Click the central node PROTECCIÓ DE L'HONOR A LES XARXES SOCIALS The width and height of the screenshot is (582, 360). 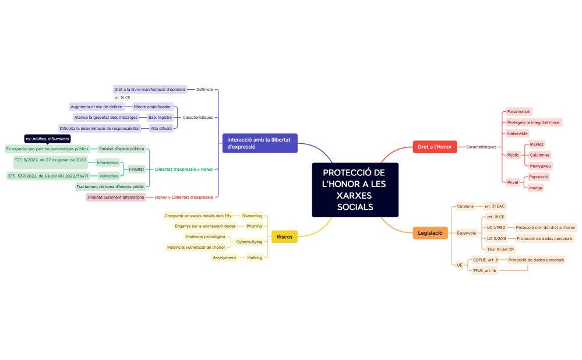(x=355, y=190)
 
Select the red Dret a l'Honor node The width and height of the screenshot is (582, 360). (x=435, y=147)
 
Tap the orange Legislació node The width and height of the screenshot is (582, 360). (x=430, y=233)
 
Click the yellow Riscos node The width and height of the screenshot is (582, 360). (x=284, y=237)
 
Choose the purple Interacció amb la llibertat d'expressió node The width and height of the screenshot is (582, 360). (x=260, y=143)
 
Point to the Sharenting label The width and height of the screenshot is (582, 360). (x=252, y=216)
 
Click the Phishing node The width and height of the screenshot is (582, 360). (x=254, y=226)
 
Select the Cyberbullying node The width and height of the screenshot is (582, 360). (x=249, y=241)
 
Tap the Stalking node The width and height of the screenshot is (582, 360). (x=255, y=257)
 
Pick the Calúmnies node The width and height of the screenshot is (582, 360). (x=539, y=155)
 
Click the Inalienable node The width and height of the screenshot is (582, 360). (x=517, y=133)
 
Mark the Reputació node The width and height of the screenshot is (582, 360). (x=539, y=177)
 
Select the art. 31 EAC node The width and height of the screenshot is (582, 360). (x=495, y=206)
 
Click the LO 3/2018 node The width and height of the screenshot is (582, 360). (x=496, y=238)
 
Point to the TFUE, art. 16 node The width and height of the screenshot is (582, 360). (x=484, y=270)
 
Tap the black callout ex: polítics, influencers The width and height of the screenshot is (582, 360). (x=47, y=139)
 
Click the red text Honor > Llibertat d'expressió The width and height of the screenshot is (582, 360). (x=184, y=197)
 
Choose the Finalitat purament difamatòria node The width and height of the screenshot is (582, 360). (x=115, y=197)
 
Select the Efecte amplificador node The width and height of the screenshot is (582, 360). (x=152, y=107)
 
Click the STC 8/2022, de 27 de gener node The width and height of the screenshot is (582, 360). (x=51, y=160)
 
